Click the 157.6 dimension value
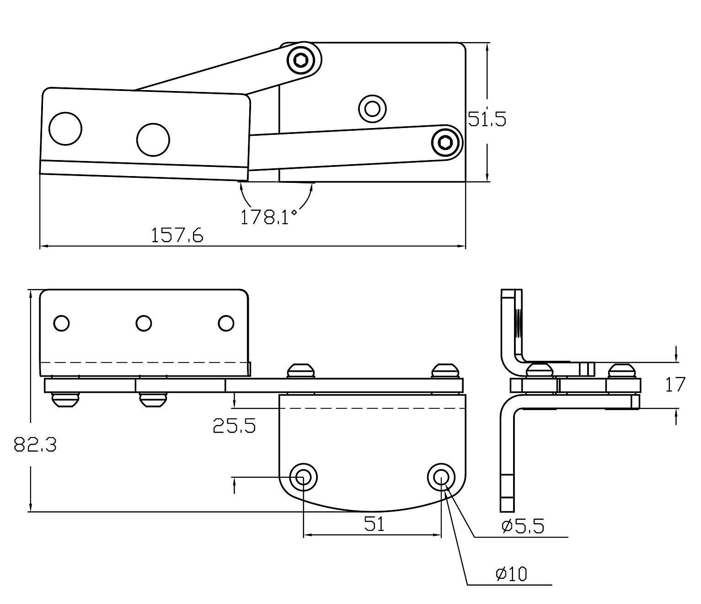coord(177,235)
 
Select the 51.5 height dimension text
coord(487,119)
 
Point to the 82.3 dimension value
coord(35,444)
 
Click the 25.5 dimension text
coord(234,426)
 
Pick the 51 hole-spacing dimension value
coord(375,524)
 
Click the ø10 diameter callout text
coord(511,574)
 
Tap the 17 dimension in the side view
coord(675,385)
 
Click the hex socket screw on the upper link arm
coord(301,60)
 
